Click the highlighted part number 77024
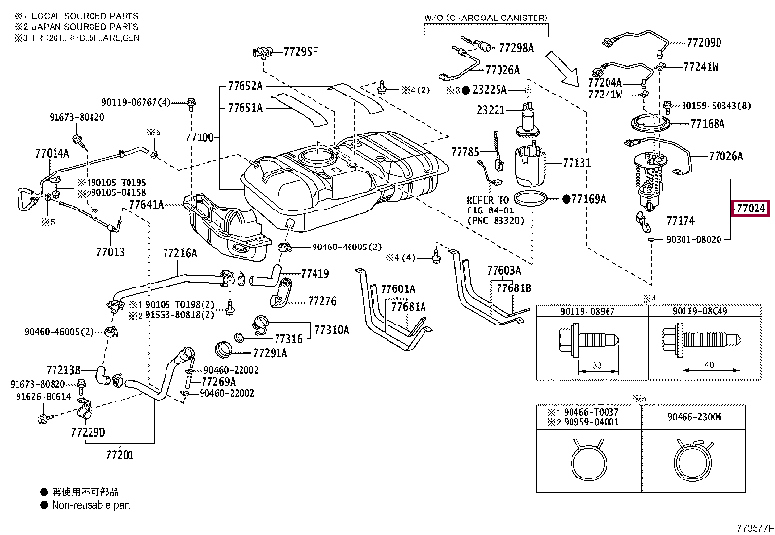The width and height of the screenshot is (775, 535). (x=751, y=208)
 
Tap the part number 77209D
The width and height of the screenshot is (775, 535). (x=703, y=43)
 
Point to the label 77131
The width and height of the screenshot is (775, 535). (x=576, y=162)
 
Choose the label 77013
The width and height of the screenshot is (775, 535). (x=110, y=252)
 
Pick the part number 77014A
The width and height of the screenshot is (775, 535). (x=52, y=153)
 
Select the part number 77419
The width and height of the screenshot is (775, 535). (x=314, y=274)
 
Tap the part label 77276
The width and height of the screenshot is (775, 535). (x=322, y=301)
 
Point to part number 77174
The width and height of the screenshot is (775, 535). (x=680, y=222)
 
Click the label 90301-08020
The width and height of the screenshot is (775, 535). (x=693, y=239)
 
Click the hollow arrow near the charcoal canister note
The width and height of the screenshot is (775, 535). (x=564, y=67)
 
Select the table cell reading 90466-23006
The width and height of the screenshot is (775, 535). (x=694, y=416)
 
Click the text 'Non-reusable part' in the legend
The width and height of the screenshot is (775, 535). (x=92, y=505)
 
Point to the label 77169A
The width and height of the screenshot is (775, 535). (x=588, y=199)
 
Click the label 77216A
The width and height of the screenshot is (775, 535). (x=179, y=253)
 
